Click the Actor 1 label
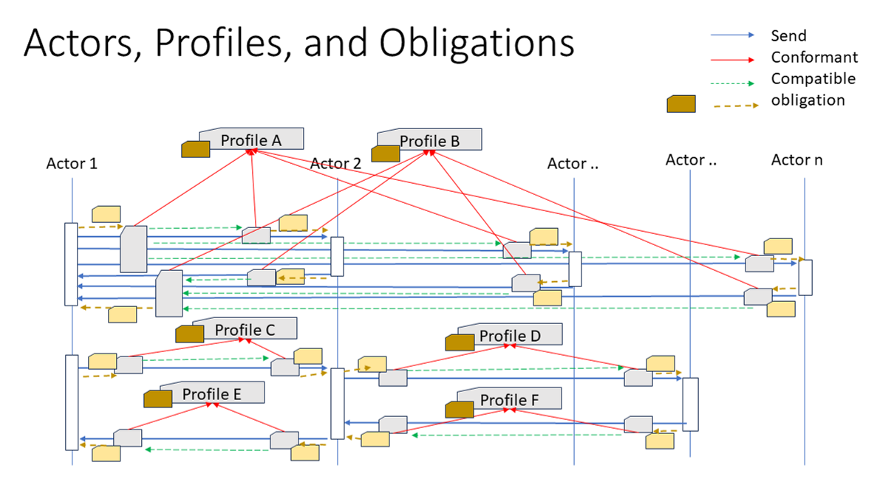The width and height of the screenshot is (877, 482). [72, 163]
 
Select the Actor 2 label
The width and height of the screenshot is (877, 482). [335, 163]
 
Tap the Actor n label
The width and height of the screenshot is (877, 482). [796, 159]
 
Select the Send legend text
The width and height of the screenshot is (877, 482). [788, 35]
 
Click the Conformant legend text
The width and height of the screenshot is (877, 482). [814, 57]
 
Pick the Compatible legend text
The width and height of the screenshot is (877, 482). [813, 78]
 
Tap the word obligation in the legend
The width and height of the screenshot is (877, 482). [808, 100]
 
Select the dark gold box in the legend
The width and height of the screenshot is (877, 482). [682, 104]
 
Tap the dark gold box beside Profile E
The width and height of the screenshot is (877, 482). [157, 399]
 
